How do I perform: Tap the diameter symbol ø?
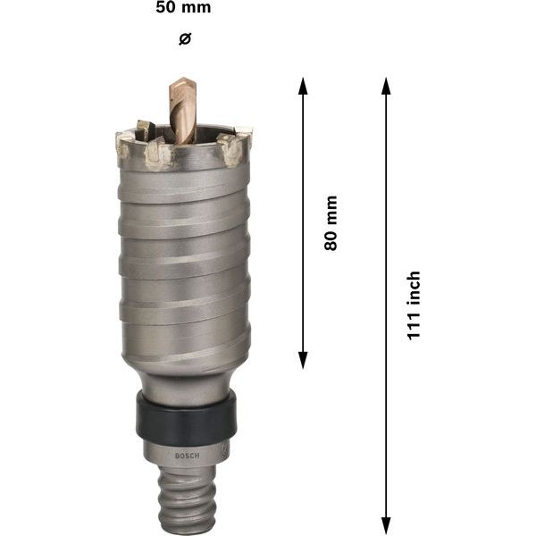185,38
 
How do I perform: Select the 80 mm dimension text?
331,222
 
